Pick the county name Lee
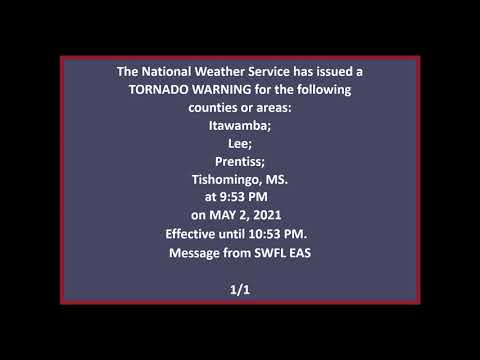[239, 143]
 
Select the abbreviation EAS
[297, 251]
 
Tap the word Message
[194, 251]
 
